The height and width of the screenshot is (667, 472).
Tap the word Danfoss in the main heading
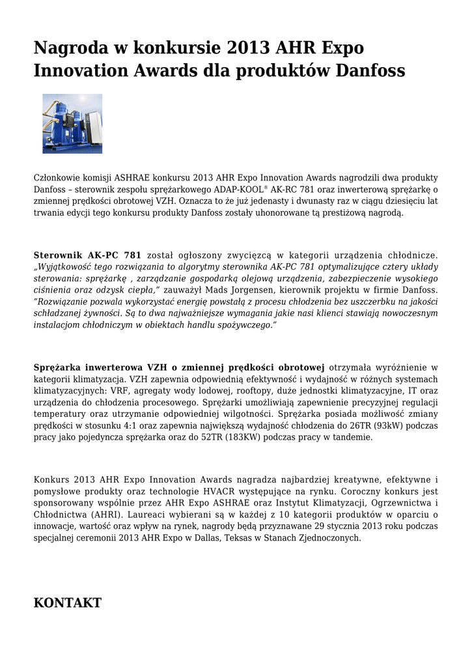[x=370, y=70]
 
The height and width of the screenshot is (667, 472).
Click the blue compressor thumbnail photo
[x=72, y=124]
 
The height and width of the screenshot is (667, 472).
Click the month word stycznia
[x=344, y=526]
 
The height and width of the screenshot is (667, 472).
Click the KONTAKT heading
[x=67, y=603]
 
